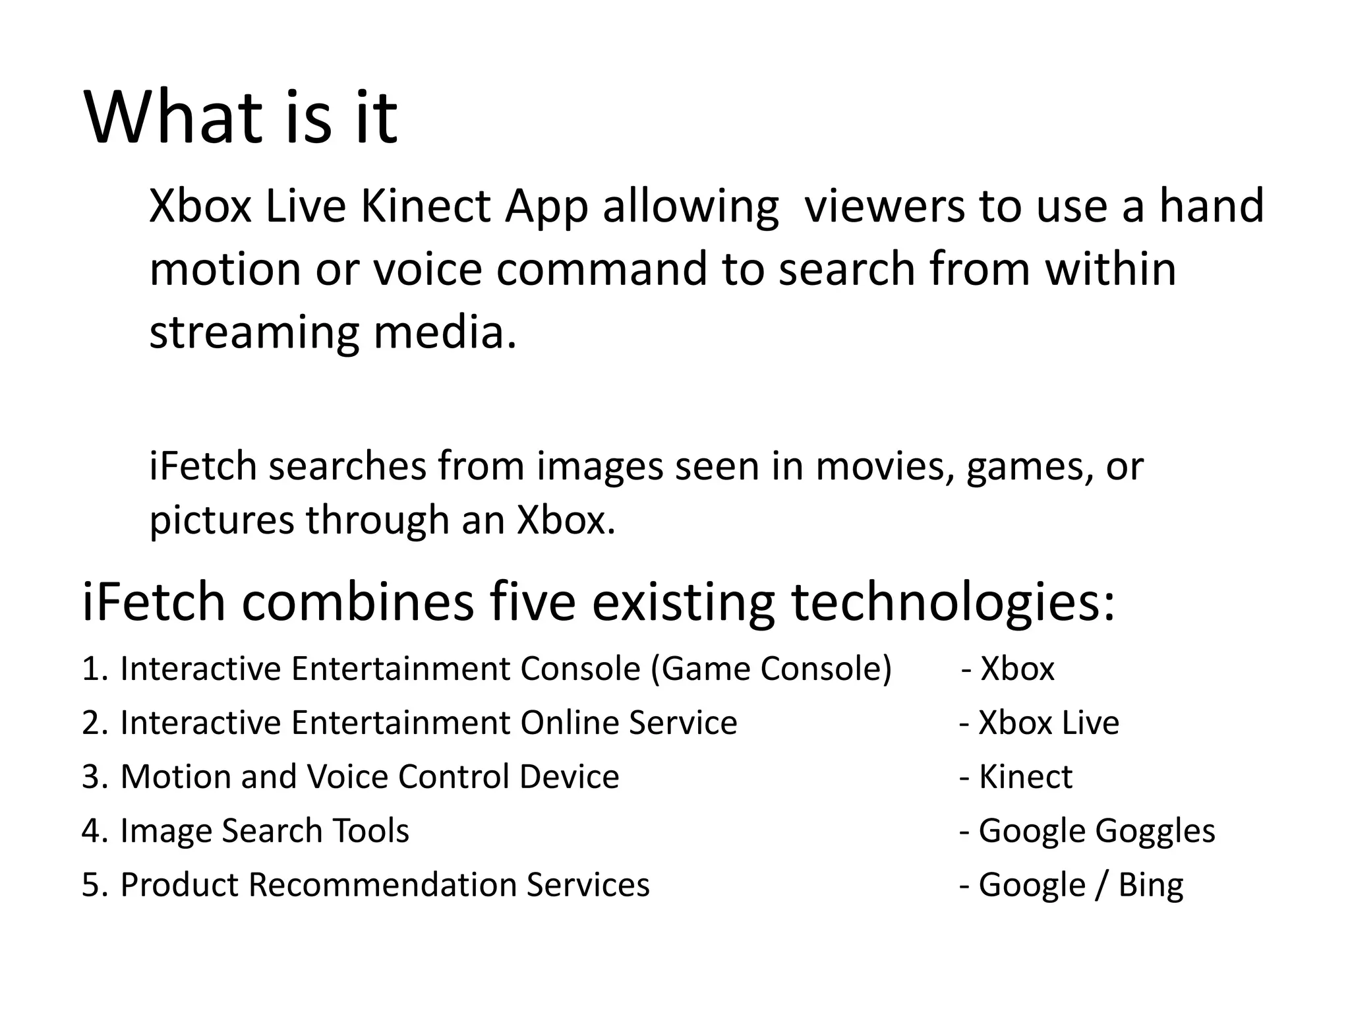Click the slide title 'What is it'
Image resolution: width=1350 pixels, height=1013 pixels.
tap(241, 119)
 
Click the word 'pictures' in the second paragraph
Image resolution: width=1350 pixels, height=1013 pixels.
tap(221, 520)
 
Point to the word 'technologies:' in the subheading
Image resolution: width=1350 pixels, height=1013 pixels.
tap(953, 602)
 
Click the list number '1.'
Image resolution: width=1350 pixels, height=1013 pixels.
tap(95, 669)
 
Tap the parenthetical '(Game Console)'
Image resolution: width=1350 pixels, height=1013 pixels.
tap(771, 669)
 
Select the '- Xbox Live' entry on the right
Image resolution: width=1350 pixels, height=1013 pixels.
tap(1039, 723)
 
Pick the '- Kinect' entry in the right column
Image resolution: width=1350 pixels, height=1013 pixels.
tap(1016, 777)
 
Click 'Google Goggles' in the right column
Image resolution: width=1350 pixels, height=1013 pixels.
tap(1096, 831)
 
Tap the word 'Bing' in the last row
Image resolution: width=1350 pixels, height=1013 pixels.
tap(1151, 885)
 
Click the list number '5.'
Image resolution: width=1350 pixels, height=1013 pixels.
tap(95, 885)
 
